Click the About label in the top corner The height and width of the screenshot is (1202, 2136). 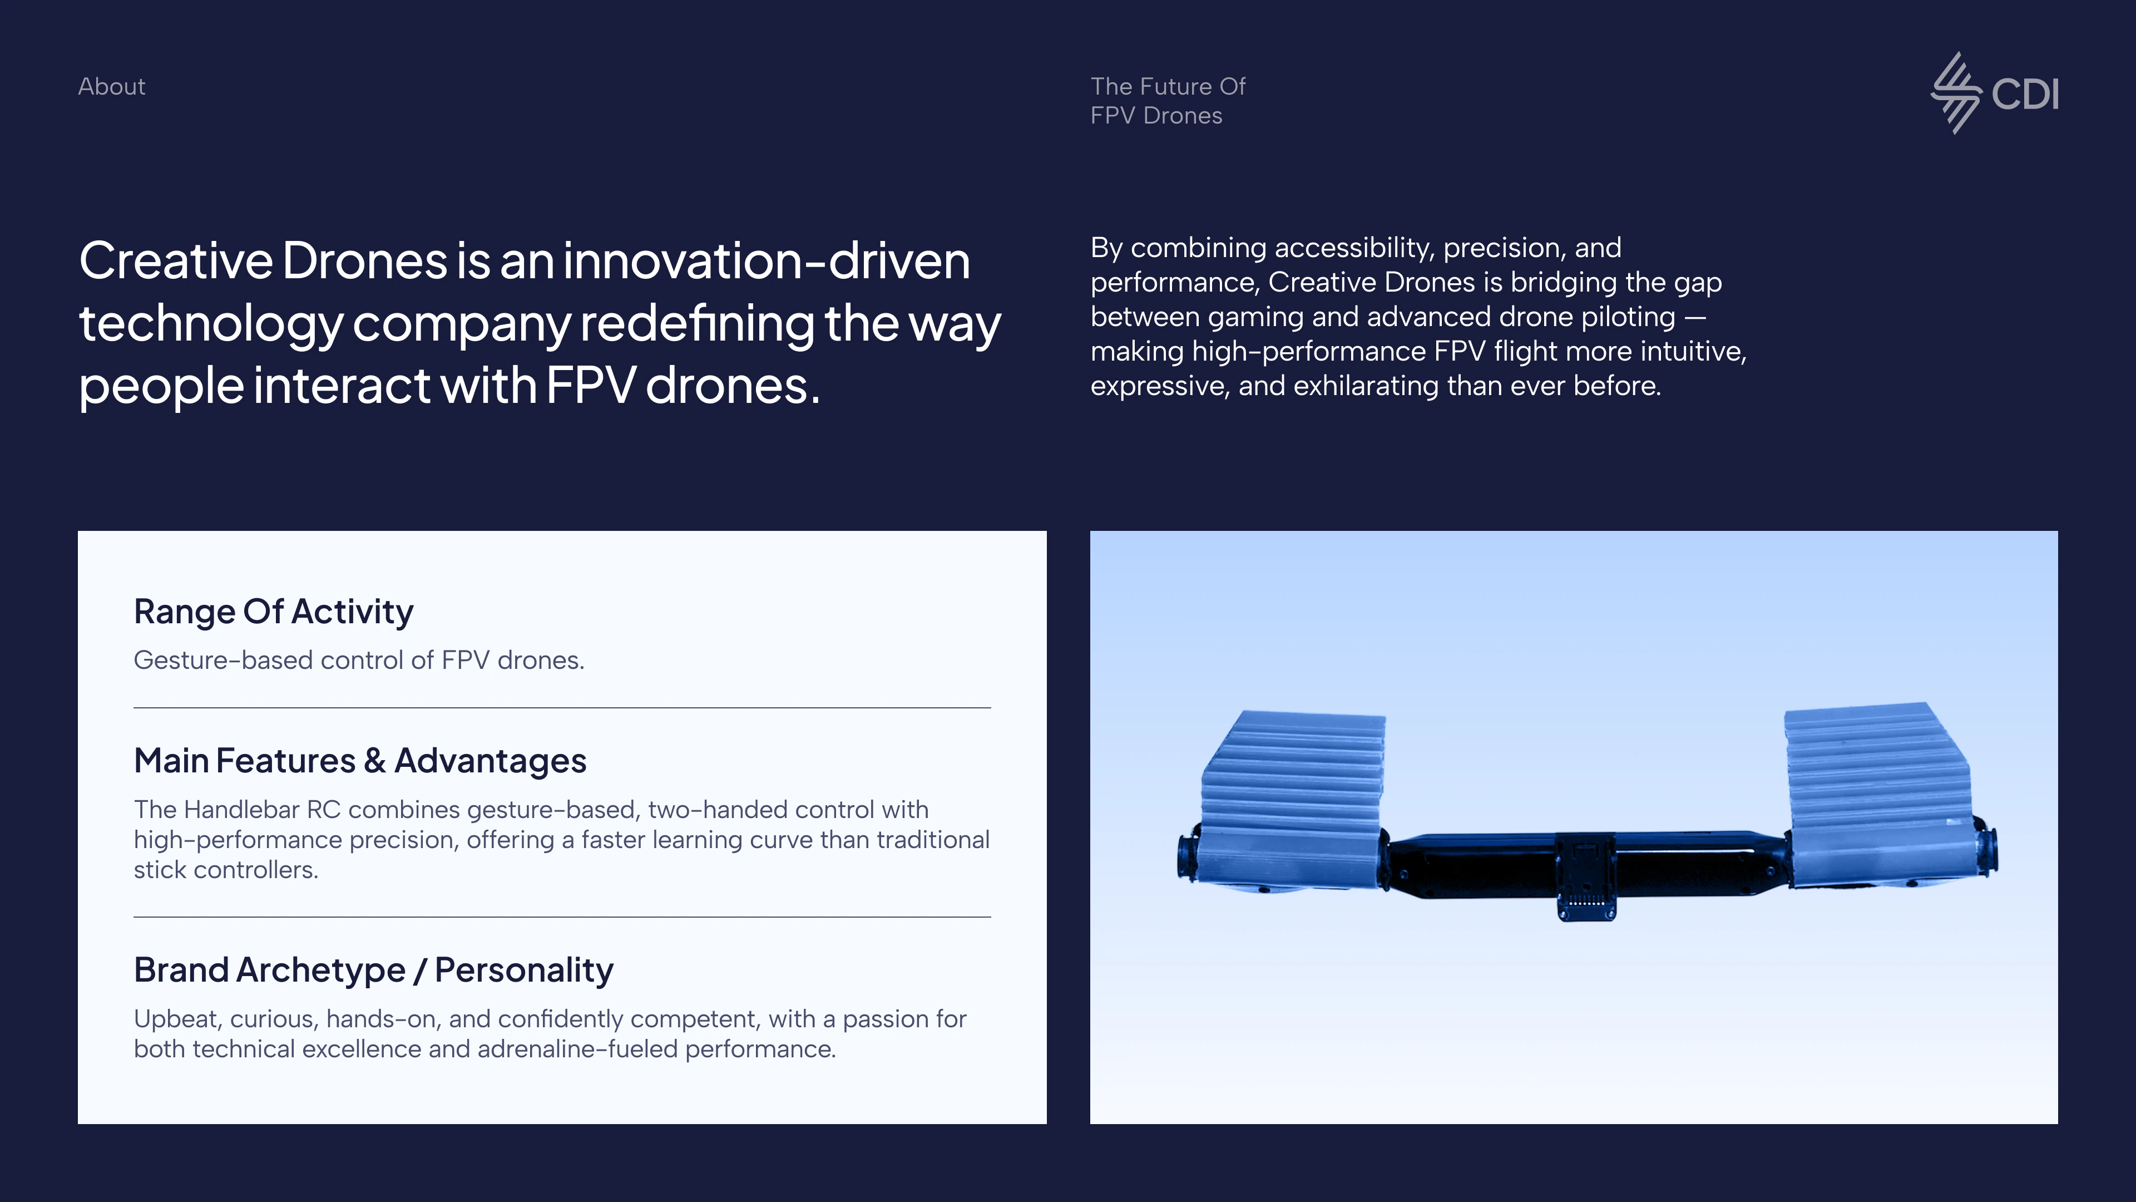111,86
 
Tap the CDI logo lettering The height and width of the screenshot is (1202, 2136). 2025,93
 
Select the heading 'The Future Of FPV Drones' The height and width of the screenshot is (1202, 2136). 1168,100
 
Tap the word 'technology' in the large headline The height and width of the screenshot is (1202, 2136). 211,324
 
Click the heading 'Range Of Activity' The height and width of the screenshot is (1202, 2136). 274,612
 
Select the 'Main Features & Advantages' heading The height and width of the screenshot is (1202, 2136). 360,761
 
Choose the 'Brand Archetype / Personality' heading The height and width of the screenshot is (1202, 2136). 374,970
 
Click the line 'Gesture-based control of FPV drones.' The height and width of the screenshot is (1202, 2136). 359,661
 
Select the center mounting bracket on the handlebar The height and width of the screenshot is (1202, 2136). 1585,876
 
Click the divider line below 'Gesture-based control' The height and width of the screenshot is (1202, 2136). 562,708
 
